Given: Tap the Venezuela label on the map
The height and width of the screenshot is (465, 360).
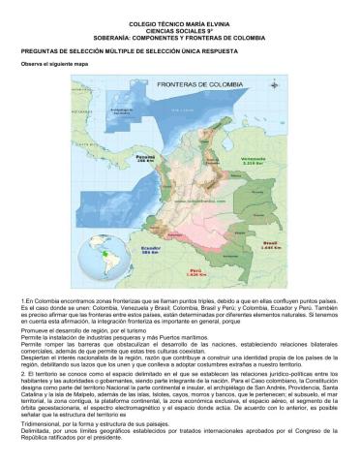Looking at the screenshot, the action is (253, 159).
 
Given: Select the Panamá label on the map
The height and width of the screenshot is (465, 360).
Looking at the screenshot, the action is (145, 157).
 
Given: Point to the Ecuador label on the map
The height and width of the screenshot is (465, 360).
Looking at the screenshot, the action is (149, 247).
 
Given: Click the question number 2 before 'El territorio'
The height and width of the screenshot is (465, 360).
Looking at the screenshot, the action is (22, 373).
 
